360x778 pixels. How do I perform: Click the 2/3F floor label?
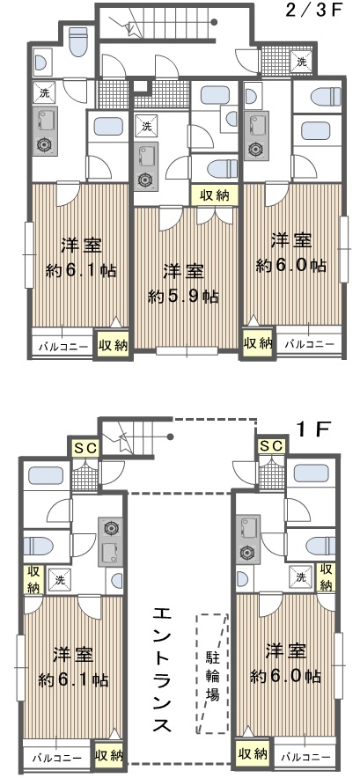(x=314, y=11)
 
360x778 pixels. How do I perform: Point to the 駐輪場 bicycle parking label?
(x=212, y=676)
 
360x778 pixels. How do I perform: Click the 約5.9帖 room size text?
(x=183, y=297)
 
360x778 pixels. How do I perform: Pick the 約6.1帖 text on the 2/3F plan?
(x=81, y=270)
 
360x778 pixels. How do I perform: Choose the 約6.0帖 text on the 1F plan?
(x=285, y=675)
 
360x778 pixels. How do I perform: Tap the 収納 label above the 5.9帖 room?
(x=215, y=195)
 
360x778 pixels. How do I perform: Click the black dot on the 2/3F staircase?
(x=214, y=22)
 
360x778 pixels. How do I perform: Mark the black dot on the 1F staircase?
(x=170, y=437)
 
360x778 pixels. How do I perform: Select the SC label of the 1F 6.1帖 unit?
(x=85, y=448)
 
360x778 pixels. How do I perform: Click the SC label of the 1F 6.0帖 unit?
(x=271, y=446)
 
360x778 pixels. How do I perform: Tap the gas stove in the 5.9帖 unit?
(x=145, y=180)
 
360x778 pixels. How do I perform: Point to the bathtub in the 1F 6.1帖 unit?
(x=46, y=476)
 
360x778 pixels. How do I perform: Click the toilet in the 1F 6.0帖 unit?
(x=320, y=546)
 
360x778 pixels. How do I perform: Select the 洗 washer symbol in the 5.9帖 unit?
(x=146, y=126)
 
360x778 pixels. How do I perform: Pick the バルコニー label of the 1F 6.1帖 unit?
(x=57, y=758)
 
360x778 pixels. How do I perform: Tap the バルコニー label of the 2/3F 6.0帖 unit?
(x=309, y=342)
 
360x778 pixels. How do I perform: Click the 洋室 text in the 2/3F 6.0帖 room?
(x=291, y=241)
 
